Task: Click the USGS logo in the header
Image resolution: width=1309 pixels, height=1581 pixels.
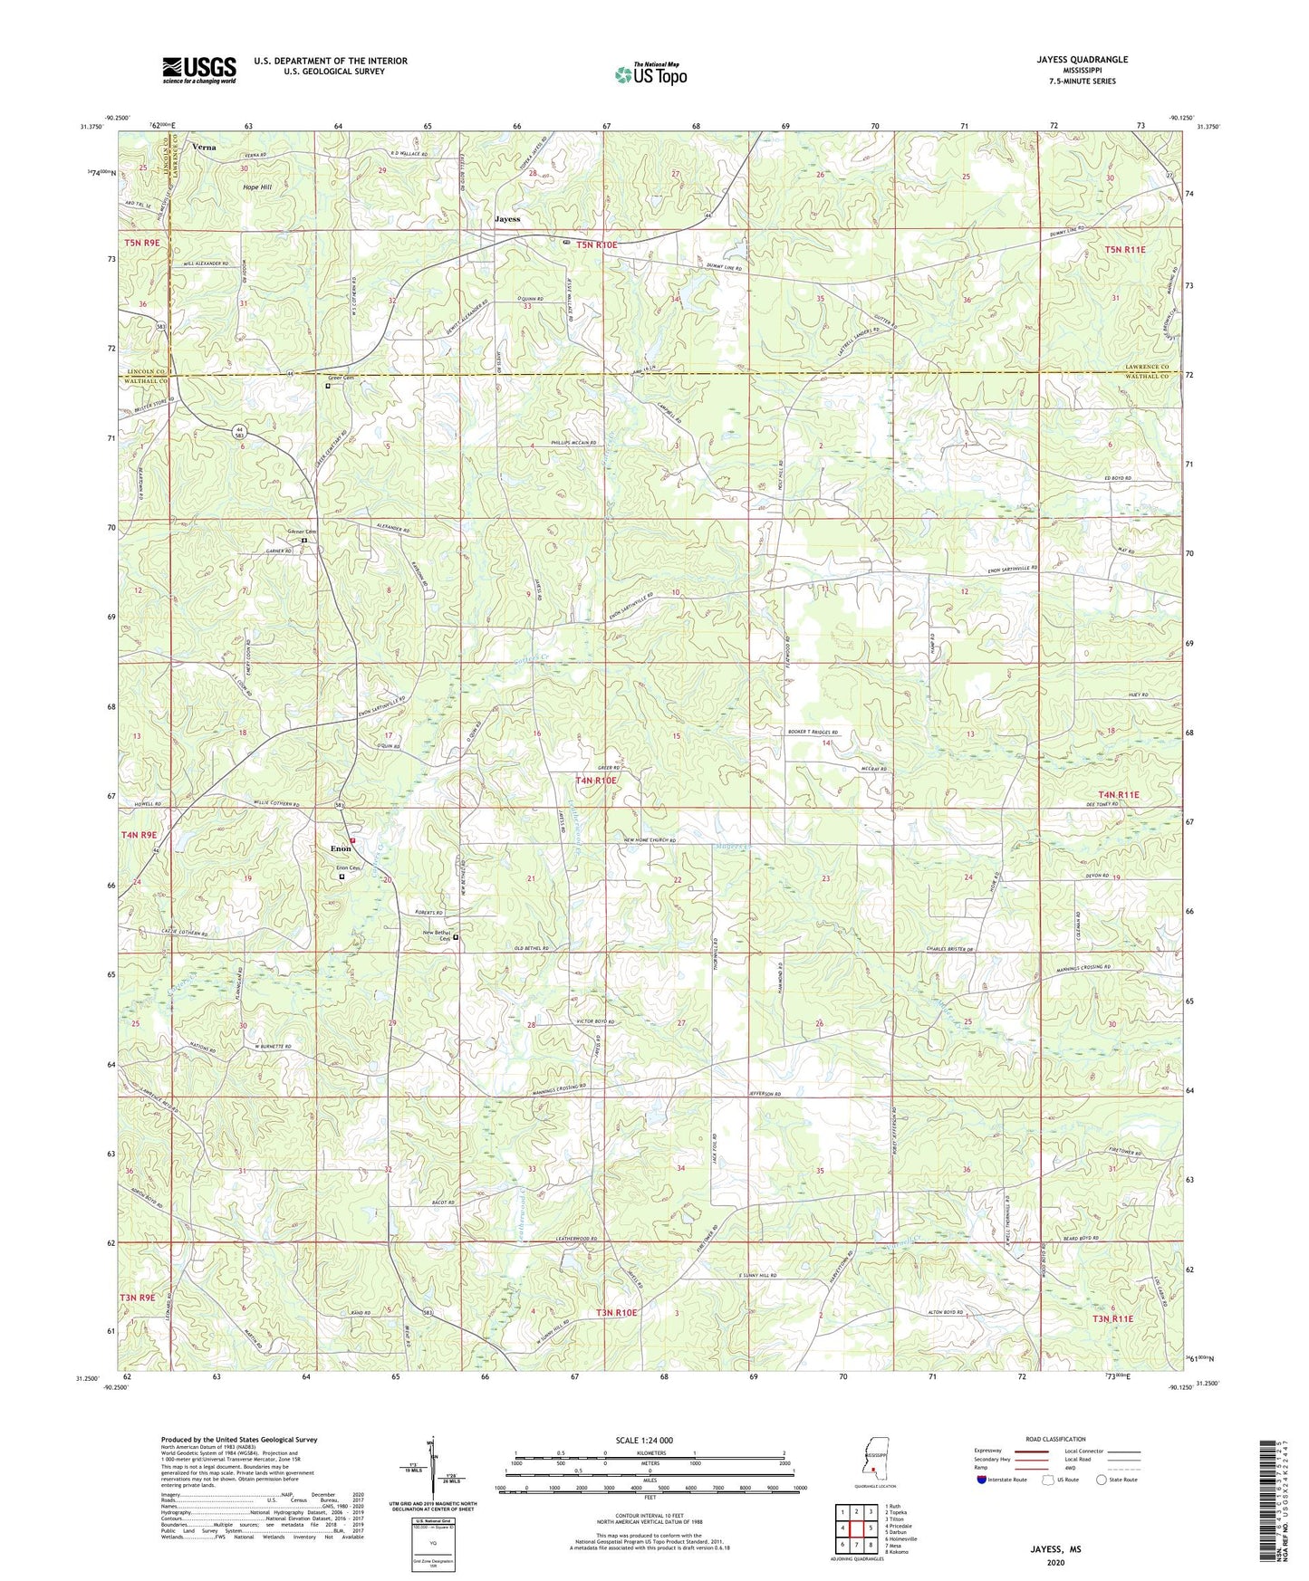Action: point(198,70)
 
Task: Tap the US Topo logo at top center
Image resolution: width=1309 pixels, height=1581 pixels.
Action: point(650,73)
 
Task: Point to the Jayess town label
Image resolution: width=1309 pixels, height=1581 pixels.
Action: point(507,219)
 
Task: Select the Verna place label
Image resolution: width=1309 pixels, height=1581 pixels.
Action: point(204,145)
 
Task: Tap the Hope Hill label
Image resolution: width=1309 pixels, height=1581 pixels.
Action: point(256,187)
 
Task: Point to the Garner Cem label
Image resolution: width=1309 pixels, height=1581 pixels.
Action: point(302,532)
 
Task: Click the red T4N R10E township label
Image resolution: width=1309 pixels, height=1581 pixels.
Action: point(596,780)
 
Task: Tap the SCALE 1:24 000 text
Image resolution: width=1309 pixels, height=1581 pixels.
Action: point(644,1440)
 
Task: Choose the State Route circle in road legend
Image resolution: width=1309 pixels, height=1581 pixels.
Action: point(1102,1480)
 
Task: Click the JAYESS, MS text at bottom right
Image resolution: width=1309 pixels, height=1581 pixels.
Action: point(1055,1549)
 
